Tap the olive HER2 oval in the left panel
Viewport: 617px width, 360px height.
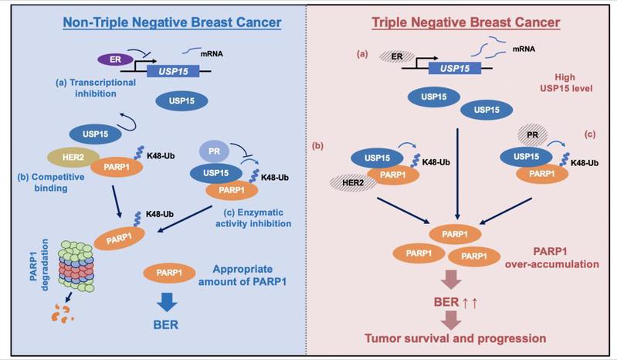(x=71, y=158)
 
